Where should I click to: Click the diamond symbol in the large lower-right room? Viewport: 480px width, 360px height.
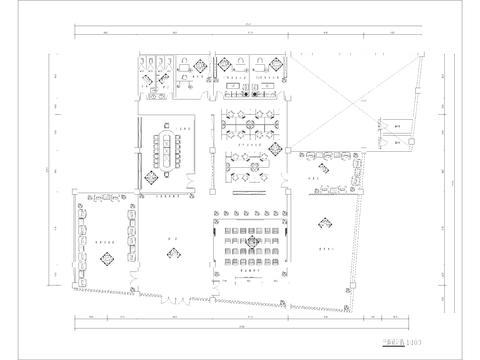click(322, 223)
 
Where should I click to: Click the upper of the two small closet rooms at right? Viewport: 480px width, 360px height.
click(397, 126)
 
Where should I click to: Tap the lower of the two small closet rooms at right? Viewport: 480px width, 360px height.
click(397, 143)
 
